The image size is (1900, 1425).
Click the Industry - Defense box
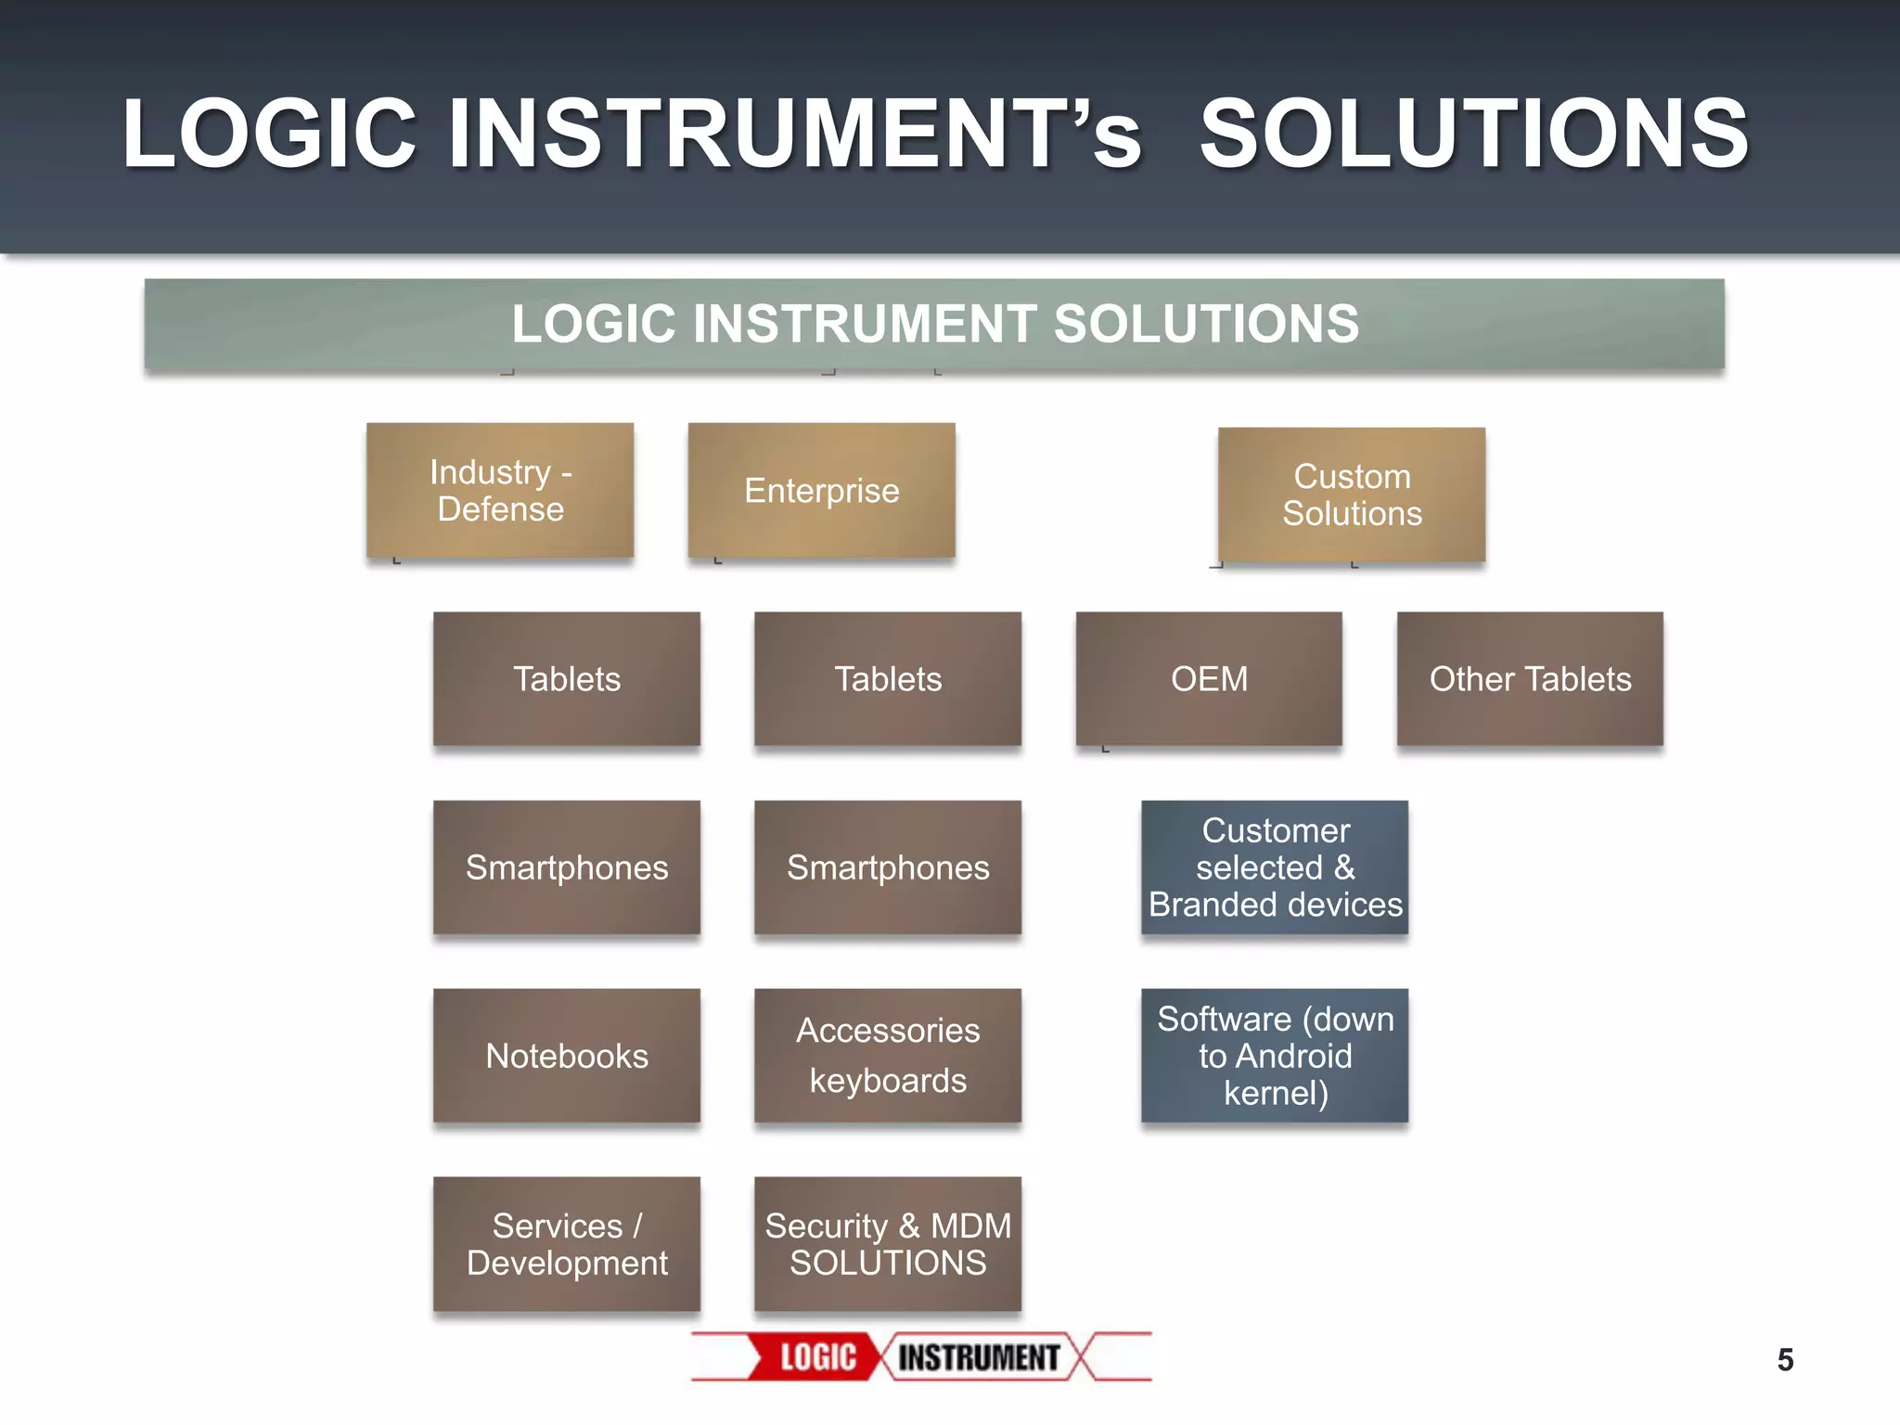tap(500, 491)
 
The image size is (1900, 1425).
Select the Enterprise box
tap(821, 491)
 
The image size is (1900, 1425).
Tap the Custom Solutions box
tap(1352, 494)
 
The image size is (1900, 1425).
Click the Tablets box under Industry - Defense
tap(567, 679)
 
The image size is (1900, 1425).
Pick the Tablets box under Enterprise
tap(888, 679)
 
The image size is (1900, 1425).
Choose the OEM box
tap(1209, 679)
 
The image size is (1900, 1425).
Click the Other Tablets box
tap(1530, 679)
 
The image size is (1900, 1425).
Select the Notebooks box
tap(567, 1056)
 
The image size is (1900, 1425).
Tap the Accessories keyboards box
tap(888, 1056)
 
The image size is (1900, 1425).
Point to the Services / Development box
tap(567, 1244)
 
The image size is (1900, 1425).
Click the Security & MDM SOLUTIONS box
tap(888, 1244)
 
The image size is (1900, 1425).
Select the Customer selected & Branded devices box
tap(1275, 867)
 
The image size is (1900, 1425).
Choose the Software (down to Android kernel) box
tap(1275, 1056)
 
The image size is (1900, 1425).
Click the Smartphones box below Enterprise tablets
tap(888, 867)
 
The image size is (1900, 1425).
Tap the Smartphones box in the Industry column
tap(567, 867)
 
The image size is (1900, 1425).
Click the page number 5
tap(1785, 1360)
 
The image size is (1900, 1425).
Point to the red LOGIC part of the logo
tap(817, 1357)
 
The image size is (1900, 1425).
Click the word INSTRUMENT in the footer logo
tap(978, 1357)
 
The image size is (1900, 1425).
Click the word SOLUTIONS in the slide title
tap(1473, 135)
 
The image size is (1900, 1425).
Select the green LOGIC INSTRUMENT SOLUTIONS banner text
tap(934, 324)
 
